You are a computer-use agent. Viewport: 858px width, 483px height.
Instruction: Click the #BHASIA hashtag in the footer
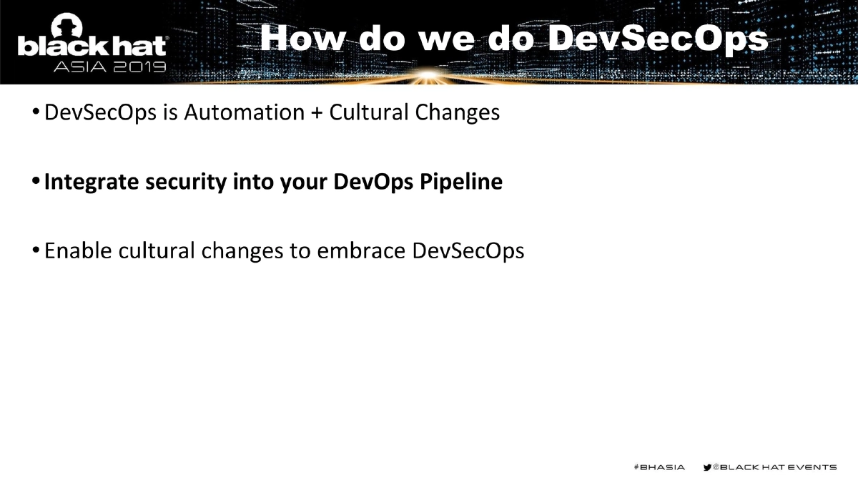click(x=659, y=467)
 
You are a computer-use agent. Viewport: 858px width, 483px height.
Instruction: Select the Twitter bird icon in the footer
click(x=707, y=467)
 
